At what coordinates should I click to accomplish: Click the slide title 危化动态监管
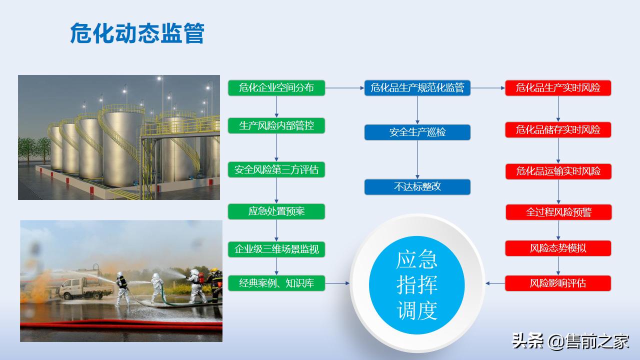tap(137, 33)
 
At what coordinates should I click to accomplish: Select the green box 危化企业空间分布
tap(276, 88)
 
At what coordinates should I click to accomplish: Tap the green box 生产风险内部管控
tap(276, 125)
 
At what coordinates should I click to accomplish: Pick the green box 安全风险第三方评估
tap(276, 170)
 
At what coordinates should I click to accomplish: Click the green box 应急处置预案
tap(276, 211)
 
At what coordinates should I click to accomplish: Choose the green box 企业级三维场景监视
tap(276, 249)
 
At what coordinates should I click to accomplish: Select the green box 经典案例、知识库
tap(276, 283)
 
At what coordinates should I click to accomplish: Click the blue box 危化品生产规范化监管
tap(417, 88)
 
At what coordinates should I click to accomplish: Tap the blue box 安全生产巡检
tap(417, 132)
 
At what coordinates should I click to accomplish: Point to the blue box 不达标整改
tap(417, 187)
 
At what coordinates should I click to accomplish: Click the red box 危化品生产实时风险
tap(558, 88)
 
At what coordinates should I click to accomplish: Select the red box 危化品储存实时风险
tap(558, 130)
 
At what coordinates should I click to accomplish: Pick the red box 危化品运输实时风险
tap(558, 171)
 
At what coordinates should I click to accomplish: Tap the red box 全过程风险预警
tap(558, 212)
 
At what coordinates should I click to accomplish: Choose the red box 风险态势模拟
tap(558, 248)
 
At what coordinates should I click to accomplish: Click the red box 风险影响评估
tap(558, 283)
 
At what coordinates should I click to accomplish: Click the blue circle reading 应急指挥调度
tap(417, 285)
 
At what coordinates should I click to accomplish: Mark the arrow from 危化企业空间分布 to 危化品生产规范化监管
tap(345, 88)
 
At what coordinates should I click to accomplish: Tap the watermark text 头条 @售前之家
tap(570, 341)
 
